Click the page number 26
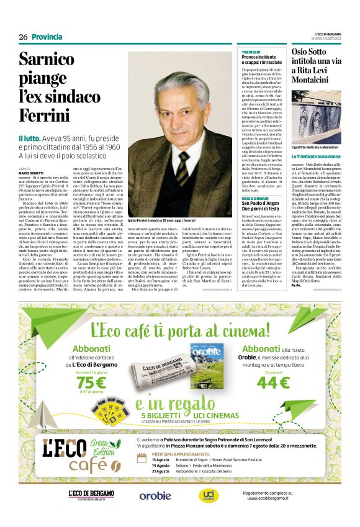point(23,37)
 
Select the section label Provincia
point(47,37)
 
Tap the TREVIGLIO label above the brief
point(251,52)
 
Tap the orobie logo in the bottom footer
point(155,495)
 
